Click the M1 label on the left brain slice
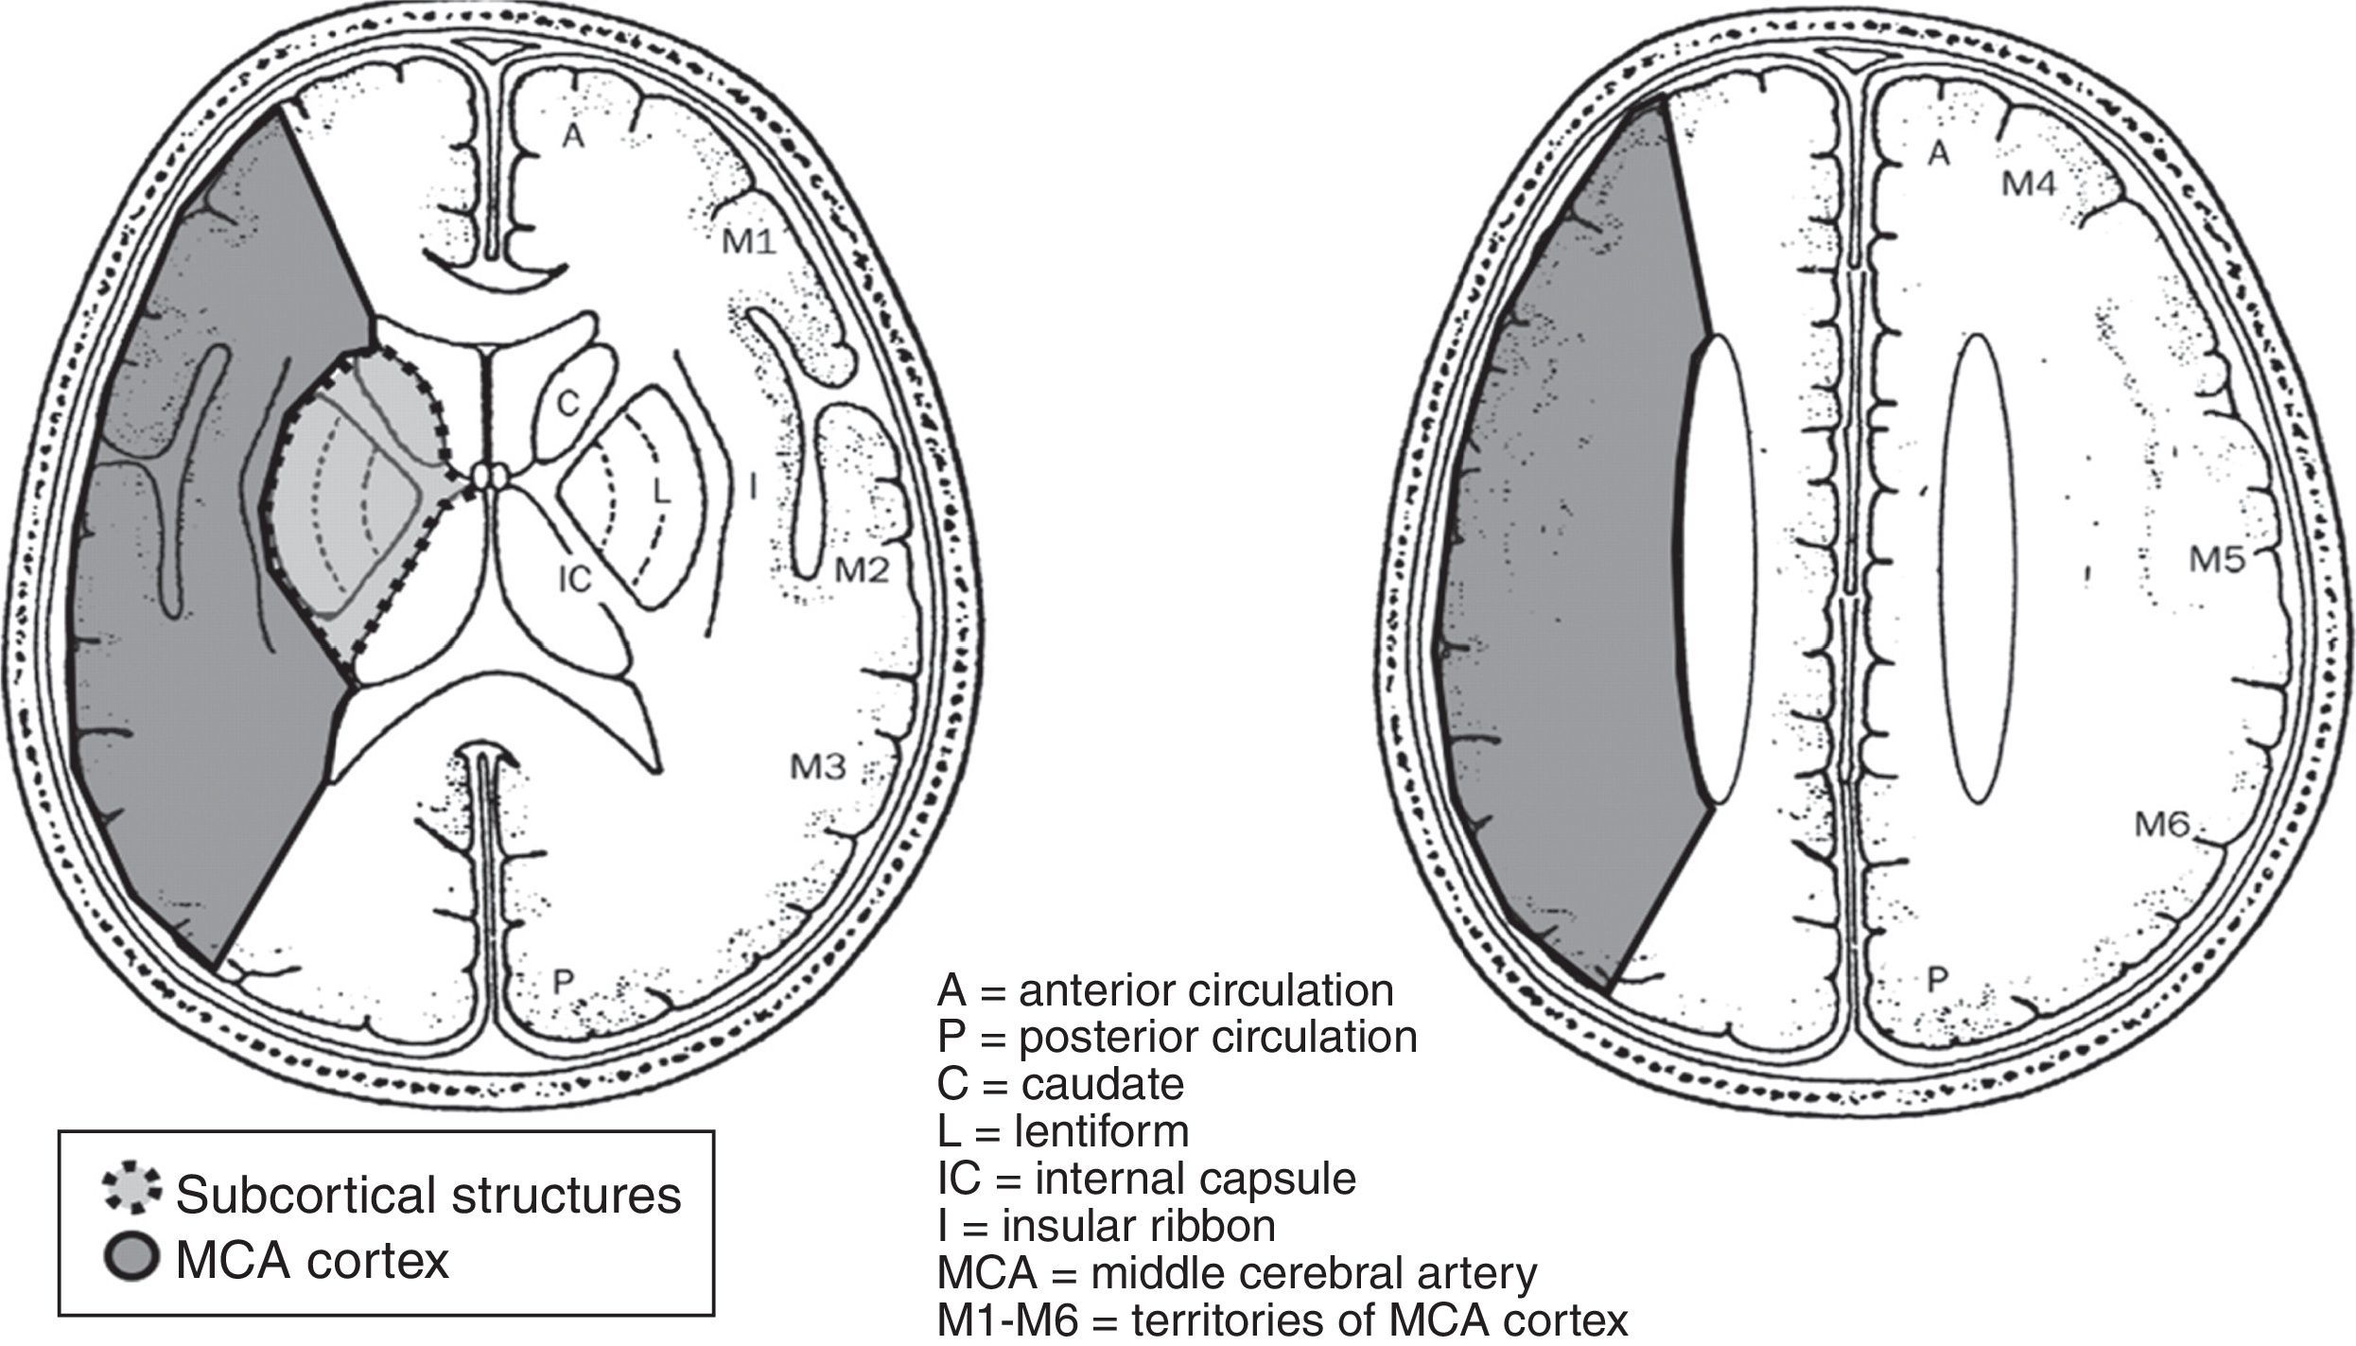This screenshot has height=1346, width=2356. (749, 244)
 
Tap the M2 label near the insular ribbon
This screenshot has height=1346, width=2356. (861, 569)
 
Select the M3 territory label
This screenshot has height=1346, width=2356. (818, 767)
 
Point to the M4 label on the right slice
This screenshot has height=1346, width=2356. (2028, 184)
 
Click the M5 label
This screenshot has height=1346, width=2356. (2217, 560)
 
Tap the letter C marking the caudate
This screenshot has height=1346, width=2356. (567, 405)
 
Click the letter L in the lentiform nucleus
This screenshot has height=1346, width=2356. (661, 491)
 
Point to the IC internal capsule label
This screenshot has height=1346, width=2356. (574, 579)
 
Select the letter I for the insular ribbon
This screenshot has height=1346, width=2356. (752, 487)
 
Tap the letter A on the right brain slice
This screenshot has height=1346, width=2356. (1939, 153)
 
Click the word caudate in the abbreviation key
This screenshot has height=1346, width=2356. (1102, 1084)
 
